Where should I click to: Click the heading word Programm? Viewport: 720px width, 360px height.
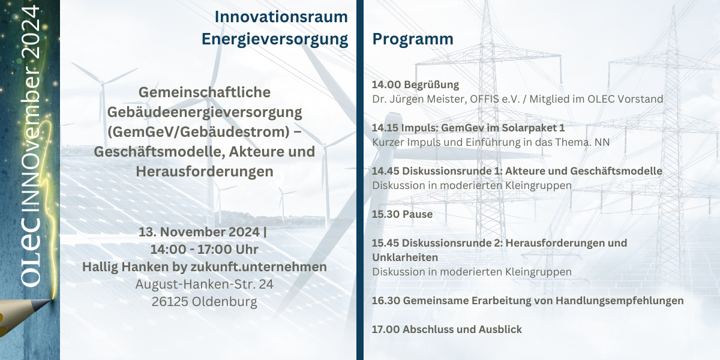coord(413,40)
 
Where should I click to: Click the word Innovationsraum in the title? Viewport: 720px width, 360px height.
coord(281,17)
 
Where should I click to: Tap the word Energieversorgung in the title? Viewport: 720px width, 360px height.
coord(275,40)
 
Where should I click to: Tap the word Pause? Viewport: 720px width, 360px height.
coord(417,214)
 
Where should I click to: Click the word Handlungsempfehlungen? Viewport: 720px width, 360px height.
coord(619,301)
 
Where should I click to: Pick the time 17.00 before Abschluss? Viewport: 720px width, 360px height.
coord(386,329)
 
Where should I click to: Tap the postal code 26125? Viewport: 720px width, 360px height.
coord(170,302)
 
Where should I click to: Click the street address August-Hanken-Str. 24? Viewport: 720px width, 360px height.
coord(205,284)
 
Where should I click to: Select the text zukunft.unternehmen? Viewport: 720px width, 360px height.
coord(259,267)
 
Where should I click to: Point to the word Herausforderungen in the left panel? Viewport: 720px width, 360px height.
coord(205,172)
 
